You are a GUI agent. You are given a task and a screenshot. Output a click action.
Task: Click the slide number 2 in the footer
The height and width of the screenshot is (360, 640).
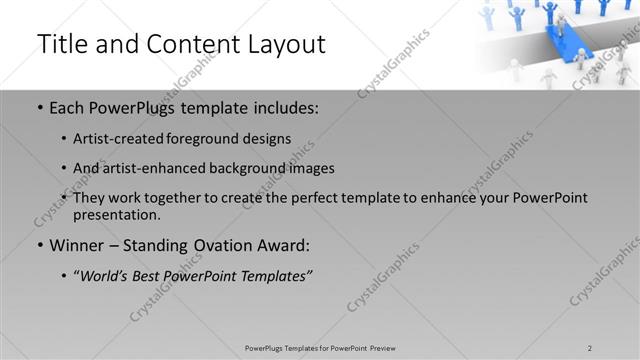(590, 347)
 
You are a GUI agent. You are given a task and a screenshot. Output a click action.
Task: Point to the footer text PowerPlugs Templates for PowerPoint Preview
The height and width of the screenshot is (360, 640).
(320, 347)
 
